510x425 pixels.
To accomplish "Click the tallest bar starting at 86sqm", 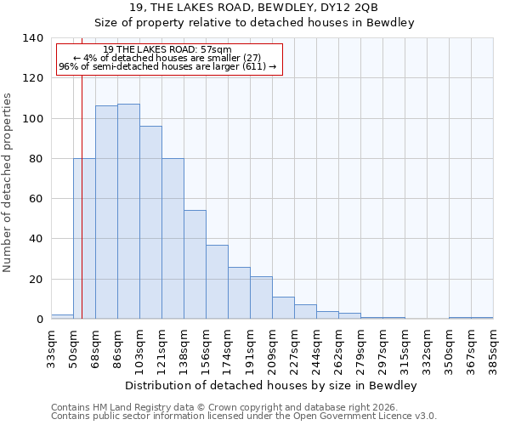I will coord(128,212).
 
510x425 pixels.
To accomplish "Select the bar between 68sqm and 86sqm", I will coord(106,212).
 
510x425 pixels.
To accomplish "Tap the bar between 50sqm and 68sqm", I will coord(84,239).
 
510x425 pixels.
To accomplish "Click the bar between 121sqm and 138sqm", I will coord(173,239).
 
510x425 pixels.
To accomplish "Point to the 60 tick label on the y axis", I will coord(36,199).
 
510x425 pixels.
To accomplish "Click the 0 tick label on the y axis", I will coord(39,320).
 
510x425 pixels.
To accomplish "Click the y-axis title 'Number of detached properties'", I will coord(8,183).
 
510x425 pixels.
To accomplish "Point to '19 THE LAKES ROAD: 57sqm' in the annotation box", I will coord(167,50).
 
